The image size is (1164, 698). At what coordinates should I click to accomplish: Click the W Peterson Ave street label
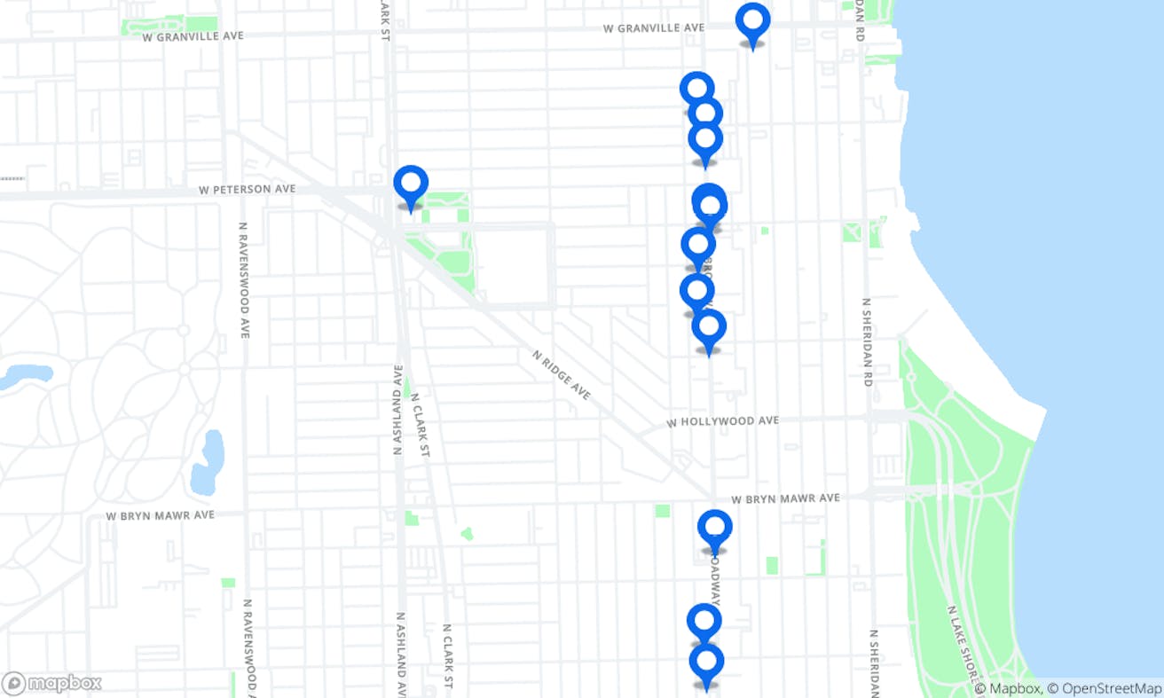[x=247, y=190]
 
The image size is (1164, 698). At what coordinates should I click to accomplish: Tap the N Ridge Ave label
[x=561, y=374]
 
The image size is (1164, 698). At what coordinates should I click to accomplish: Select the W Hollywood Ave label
[x=722, y=422]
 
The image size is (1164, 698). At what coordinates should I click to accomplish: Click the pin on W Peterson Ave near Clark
[x=411, y=184]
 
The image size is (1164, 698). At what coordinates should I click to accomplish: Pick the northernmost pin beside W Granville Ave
[x=752, y=21]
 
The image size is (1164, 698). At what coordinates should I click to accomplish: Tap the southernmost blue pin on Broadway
[x=706, y=663]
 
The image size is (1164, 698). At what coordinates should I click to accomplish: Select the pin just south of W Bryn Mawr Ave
[x=714, y=529]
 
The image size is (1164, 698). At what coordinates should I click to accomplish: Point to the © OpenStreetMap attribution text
[x=1104, y=689]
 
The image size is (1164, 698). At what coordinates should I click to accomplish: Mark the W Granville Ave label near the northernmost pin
[x=653, y=28]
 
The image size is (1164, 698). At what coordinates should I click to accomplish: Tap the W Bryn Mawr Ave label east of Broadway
[x=786, y=499]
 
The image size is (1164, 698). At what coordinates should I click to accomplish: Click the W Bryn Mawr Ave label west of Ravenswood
[x=160, y=515]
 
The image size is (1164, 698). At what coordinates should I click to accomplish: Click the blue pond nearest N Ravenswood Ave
[x=208, y=462]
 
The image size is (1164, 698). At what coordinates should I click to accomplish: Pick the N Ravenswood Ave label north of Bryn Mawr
[x=243, y=279]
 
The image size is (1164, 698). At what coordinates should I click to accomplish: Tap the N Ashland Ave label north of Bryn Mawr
[x=398, y=410]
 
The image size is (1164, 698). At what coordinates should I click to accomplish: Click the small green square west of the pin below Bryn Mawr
[x=662, y=511]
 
